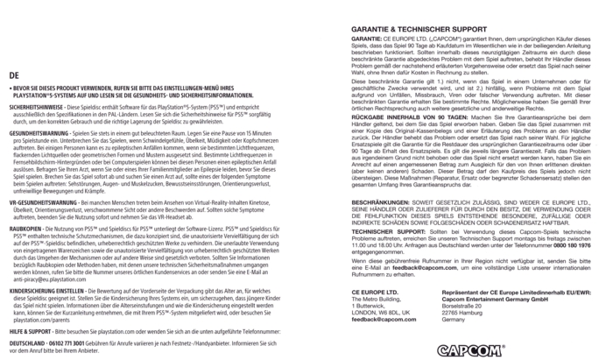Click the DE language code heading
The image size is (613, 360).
(x=11, y=76)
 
